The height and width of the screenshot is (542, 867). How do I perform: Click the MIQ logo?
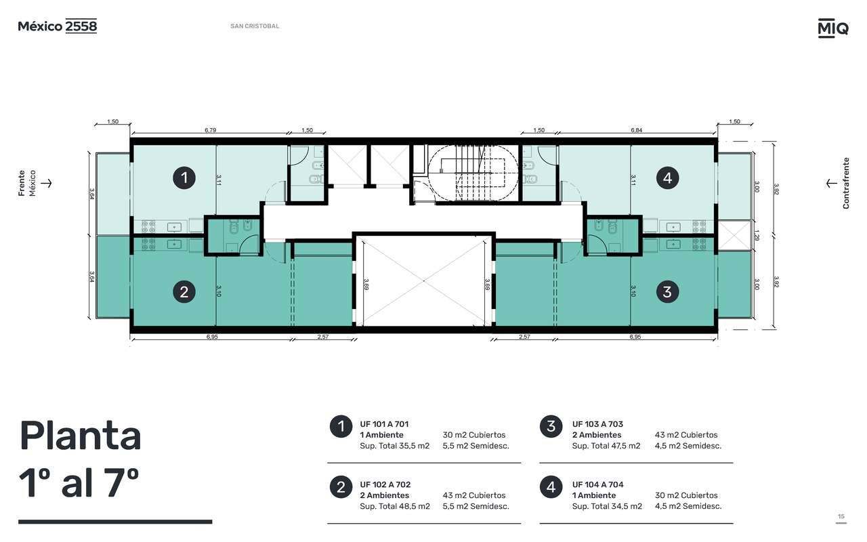click(833, 28)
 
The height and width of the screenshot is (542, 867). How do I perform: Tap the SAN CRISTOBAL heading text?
click(255, 26)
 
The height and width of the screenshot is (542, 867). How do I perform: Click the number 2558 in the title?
click(81, 26)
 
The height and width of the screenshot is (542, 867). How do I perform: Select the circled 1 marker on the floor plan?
click(184, 178)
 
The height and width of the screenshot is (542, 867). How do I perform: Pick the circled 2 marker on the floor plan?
click(184, 292)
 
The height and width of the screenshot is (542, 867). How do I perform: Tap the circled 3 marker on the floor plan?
click(667, 292)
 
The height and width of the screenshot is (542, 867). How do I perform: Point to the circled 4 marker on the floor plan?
click(667, 178)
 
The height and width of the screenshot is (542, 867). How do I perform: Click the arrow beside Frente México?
click(47, 183)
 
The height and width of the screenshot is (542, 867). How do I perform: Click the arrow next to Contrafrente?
click(831, 183)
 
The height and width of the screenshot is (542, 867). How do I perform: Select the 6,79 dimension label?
click(210, 130)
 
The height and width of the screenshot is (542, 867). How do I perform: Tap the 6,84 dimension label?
click(636, 130)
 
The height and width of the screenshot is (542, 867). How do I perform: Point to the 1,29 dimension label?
click(757, 235)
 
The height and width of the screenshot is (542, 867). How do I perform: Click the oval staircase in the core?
click(473, 173)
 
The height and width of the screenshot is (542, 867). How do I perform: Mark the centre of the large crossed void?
click(424, 280)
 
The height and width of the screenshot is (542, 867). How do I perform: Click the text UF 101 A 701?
click(384, 424)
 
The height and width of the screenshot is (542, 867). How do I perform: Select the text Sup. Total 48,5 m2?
click(395, 506)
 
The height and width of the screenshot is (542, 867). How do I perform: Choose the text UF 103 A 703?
click(597, 424)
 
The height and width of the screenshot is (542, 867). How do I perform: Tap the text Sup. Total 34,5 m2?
click(607, 506)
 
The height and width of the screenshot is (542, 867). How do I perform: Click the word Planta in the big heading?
click(80, 436)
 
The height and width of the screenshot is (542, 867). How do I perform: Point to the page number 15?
click(841, 516)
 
